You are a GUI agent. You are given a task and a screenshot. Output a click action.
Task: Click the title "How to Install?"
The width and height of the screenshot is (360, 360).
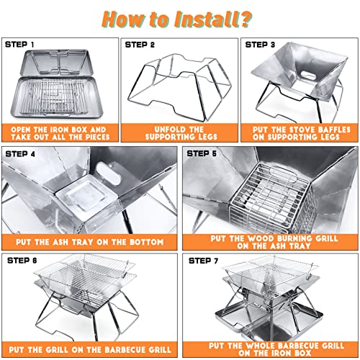click(177, 19)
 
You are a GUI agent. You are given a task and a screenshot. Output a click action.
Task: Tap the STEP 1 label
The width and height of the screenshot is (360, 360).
click(19, 45)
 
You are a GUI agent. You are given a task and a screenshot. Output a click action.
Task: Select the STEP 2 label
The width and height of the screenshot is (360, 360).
click(140, 45)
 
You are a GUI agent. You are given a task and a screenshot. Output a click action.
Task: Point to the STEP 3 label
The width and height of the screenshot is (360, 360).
click(260, 45)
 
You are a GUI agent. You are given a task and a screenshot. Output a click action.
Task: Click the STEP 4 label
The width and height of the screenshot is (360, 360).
click(20, 154)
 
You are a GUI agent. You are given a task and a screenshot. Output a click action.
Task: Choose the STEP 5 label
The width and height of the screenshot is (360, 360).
click(202, 153)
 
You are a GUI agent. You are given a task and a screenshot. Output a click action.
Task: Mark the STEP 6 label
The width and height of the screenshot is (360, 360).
click(22, 261)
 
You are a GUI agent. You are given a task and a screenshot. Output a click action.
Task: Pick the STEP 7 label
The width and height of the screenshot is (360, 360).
click(204, 261)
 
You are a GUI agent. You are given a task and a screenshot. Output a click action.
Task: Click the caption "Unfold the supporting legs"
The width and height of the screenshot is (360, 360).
click(181, 133)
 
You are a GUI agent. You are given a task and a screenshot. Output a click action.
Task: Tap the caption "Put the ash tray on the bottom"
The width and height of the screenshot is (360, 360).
click(90, 242)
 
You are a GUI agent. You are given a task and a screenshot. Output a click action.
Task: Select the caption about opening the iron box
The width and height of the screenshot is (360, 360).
click(60, 133)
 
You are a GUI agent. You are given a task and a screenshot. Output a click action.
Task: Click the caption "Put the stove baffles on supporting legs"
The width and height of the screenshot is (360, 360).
click(302, 133)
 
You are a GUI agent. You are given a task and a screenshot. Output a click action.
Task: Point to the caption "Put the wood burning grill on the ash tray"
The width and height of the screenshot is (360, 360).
click(274, 242)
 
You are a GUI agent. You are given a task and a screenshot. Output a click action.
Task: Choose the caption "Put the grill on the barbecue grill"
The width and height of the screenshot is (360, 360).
click(90, 350)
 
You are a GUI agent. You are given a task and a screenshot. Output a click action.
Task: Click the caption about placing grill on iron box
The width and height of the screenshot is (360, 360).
click(276, 349)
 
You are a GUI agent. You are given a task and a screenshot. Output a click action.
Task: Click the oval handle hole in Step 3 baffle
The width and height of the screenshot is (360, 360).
click(308, 76)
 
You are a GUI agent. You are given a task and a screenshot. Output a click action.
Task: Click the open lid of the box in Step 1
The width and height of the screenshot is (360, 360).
click(57, 62)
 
